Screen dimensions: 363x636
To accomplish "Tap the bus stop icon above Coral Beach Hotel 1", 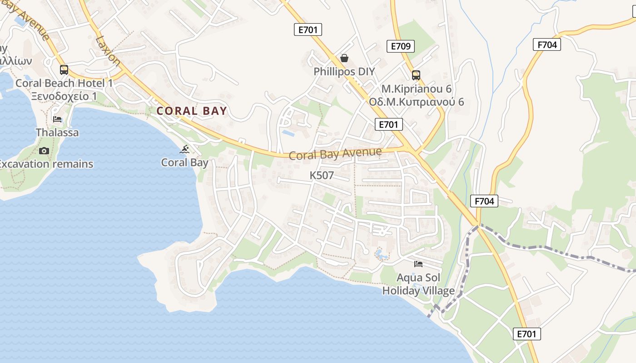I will point(64,70).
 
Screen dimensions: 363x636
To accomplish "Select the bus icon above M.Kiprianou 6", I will point(416,75).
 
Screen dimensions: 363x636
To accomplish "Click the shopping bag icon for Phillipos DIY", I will point(344,59).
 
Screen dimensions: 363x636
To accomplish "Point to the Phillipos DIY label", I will point(344,72).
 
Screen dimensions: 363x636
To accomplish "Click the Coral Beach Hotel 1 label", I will point(64,83).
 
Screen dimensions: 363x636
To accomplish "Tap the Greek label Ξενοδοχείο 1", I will point(64,96).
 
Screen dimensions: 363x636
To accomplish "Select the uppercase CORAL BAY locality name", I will point(192,111).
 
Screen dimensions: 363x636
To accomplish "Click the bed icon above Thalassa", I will point(57,119).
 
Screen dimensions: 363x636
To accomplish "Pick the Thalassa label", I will point(57,132).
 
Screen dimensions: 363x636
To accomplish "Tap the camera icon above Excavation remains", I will point(44,151).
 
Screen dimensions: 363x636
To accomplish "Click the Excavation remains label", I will point(46,164).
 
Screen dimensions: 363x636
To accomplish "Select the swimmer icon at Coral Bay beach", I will point(184,149).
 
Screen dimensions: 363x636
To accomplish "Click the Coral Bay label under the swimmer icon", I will point(185,162).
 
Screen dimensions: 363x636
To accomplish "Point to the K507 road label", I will point(322,175).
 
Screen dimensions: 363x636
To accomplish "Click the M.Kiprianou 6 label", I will point(417,88).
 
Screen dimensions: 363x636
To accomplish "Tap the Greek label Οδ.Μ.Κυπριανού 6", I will point(417,102).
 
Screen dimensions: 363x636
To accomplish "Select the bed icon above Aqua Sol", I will point(418,264).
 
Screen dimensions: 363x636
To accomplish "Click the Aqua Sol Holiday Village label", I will point(418,284).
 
